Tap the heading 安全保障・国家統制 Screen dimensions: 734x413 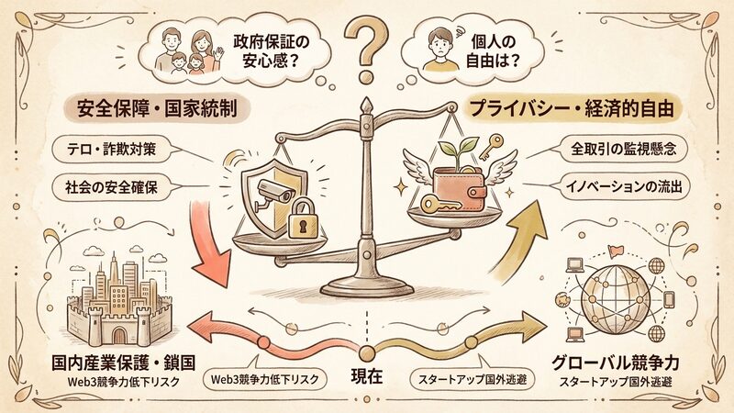pyautogui.click(x=157, y=108)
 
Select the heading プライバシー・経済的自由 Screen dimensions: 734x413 pyautogui.click(x=572, y=108)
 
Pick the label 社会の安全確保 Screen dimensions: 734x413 pyautogui.click(x=111, y=187)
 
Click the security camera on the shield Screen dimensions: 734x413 pyautogui.click(x=273, y=192)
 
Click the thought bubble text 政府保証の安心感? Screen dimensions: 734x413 pyautogui.click(x=271, y=51)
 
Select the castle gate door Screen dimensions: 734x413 pyautogui.click(x=119, y=336)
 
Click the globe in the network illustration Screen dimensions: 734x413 pyautogui.click(x=614, y=299)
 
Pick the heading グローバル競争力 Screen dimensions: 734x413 pyautogui.click(x=615, y=363)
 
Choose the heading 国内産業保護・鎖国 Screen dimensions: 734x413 pyautogui.click(x=123, y=363)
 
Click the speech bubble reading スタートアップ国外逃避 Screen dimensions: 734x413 pyautogui.click(x=473, y=378)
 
